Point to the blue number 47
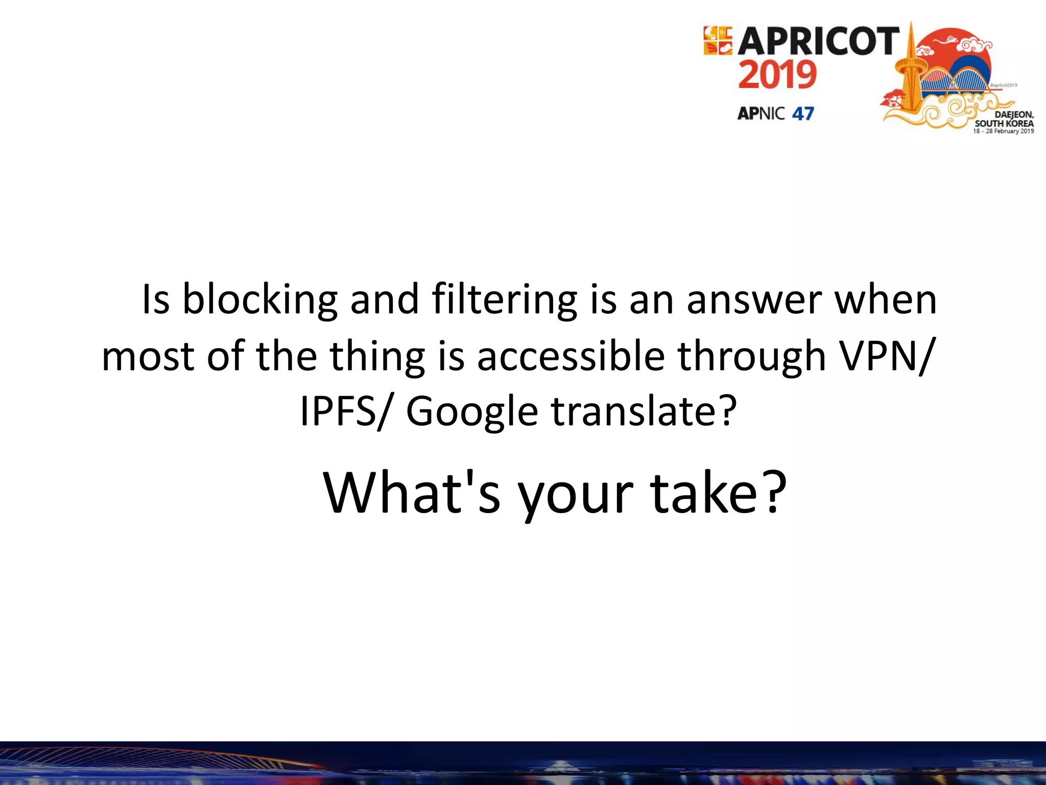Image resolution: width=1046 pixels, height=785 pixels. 803,113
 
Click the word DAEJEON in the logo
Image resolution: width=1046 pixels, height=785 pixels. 1014,115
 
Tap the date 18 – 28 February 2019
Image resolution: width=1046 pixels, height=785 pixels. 1003,131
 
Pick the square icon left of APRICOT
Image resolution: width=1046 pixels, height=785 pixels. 718,41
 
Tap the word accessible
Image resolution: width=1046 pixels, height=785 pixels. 570,356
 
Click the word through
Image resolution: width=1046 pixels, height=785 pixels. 751,357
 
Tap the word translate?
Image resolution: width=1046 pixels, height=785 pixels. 644,412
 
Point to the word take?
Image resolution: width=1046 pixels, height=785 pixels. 718,494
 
